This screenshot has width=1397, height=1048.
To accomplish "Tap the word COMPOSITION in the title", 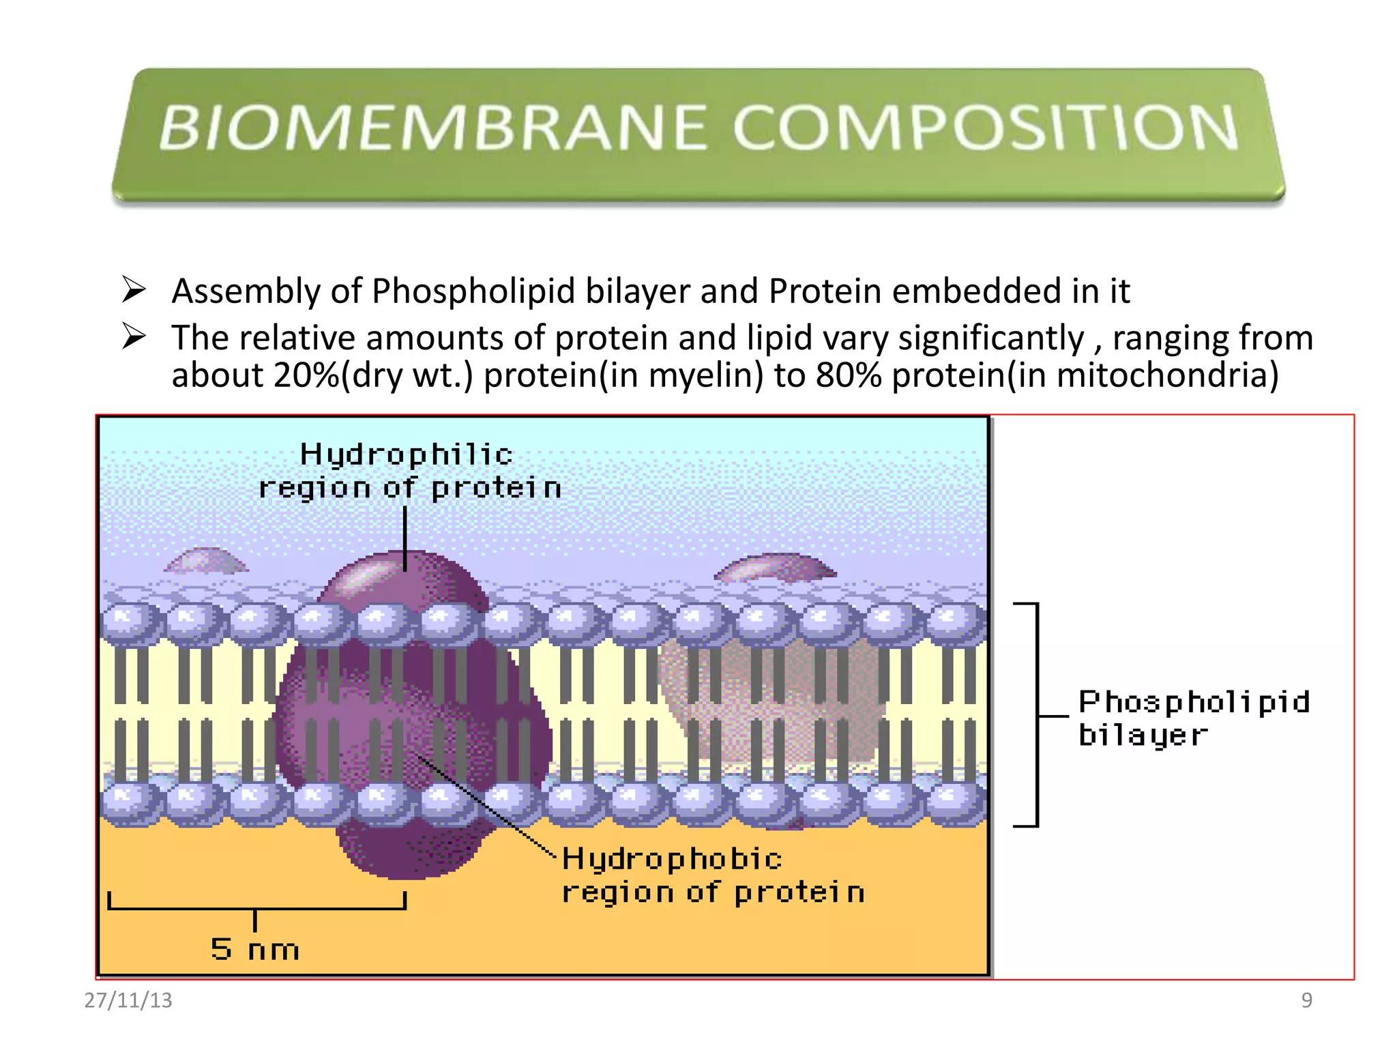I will (x=985, y=128).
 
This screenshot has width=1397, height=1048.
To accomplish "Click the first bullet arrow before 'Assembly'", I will (x=134, y=290).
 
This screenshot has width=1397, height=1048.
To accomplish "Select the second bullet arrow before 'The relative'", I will (x=134, y=336).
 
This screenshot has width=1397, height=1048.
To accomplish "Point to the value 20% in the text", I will (x=306, y=375).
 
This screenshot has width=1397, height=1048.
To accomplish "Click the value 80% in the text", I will (x=849, y=375).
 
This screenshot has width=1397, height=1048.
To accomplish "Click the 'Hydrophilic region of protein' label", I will (x=409, y=471).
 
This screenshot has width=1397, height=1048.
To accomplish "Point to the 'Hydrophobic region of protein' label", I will (x=713, y=875).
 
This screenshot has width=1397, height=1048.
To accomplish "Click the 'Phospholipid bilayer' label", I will (x=1194, y=718).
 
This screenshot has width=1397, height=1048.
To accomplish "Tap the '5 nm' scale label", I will (x=254, y=949).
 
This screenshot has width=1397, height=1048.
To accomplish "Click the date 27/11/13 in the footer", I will (x=128, y=1000).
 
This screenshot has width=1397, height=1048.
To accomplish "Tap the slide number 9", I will (x=1306, y=1000).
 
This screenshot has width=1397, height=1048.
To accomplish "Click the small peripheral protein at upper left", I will (x=206, y=561).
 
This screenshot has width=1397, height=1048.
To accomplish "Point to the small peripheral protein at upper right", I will (x=776, y=567).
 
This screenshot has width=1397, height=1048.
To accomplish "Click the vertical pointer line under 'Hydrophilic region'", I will (x=405, y=539).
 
